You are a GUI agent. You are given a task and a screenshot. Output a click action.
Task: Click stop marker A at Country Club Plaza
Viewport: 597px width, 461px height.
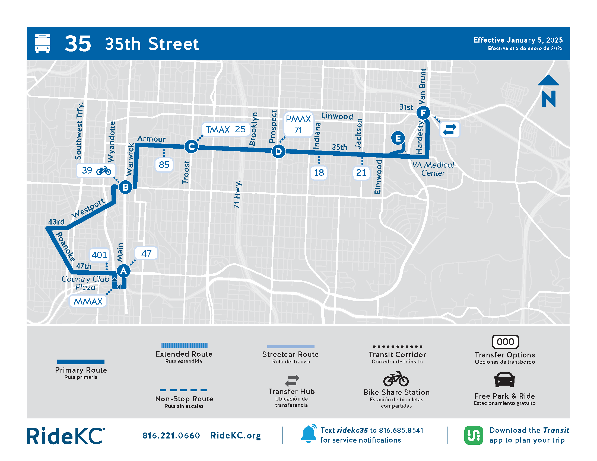coord(123,271)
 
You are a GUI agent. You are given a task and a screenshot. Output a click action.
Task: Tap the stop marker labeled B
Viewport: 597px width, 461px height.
coord(125,187)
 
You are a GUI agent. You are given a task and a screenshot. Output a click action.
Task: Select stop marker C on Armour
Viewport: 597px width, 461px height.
coord(191,147)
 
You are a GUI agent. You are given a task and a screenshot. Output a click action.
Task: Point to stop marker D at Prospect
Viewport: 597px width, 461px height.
coord(278,151)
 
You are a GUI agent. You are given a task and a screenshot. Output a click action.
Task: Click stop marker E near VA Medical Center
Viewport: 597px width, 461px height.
coord(398,138)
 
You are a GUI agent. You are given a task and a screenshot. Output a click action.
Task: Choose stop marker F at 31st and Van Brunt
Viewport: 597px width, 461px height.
coord(423,113)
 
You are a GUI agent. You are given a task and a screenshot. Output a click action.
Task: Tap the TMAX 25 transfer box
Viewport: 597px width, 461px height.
coord(226,129)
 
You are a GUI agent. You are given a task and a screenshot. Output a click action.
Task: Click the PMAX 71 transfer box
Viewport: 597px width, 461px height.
coord(298,124)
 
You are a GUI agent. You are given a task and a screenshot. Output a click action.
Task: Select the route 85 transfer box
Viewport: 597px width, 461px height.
coord(164,165)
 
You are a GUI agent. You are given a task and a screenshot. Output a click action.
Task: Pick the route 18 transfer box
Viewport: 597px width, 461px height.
coord(319,172)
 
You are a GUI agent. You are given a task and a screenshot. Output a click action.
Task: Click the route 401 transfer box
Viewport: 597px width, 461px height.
coord(99,255)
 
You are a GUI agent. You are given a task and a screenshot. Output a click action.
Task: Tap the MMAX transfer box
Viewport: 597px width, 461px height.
coord(88,301)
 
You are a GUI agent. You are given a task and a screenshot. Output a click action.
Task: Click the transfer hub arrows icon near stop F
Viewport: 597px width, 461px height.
coord(450,129)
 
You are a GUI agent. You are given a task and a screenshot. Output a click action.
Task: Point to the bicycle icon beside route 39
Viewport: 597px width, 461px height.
coord(104,171)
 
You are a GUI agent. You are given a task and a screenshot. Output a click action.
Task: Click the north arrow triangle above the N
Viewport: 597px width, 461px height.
coord(548,81)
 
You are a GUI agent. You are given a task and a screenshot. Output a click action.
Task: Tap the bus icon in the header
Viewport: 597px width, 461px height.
coord(43,43)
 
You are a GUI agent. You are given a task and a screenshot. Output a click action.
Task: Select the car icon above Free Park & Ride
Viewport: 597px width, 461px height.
coord(504,380)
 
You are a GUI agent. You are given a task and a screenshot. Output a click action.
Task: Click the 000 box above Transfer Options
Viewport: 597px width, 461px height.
coord(505,342)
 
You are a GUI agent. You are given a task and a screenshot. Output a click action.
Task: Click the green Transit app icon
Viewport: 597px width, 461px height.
coord(474,435)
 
